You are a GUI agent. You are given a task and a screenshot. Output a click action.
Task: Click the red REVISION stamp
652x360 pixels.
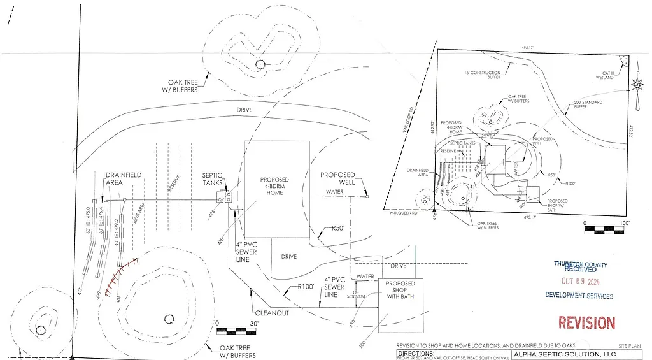tap(586, 323)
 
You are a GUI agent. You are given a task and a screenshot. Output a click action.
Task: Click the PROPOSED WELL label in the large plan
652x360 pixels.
tap(338, 178)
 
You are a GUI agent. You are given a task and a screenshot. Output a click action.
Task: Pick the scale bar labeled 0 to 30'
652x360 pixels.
tap(236, 330)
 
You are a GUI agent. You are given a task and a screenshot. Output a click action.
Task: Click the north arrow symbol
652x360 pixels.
tap(637, 85)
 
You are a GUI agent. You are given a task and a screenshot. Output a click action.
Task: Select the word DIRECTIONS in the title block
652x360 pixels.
tap(415, 352)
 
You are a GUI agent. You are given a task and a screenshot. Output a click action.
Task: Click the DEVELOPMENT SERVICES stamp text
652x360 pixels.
tap(579, 296)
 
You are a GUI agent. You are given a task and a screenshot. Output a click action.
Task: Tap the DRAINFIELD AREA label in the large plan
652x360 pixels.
tap(124, 178)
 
